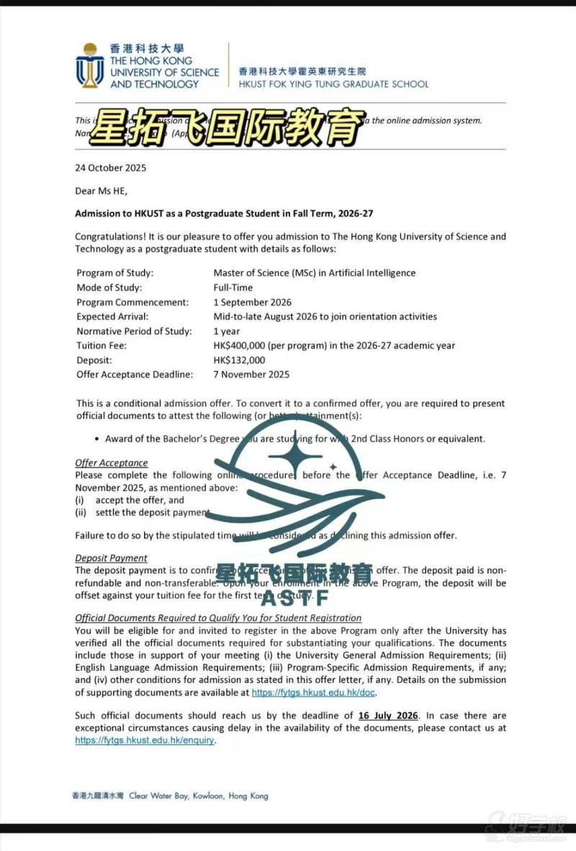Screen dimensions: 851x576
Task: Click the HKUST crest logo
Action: [89, 66]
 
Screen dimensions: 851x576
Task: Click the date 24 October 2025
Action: [111, 168]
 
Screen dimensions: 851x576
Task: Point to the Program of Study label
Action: [115, 273]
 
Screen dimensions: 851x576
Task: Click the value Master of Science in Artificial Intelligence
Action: [314, 273]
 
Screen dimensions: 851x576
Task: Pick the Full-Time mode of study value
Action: [233, 288]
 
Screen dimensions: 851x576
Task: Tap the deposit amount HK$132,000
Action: [239, 360]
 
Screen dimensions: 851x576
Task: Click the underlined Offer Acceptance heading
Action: [112, 463]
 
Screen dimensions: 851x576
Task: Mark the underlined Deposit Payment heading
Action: [111, 558]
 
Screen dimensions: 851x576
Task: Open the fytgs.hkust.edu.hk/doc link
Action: [314, 692]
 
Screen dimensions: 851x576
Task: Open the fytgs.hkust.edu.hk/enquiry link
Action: [145, 740]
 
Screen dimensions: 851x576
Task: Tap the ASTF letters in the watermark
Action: [295, 597]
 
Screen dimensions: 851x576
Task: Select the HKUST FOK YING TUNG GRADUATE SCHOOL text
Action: [333, 84]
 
